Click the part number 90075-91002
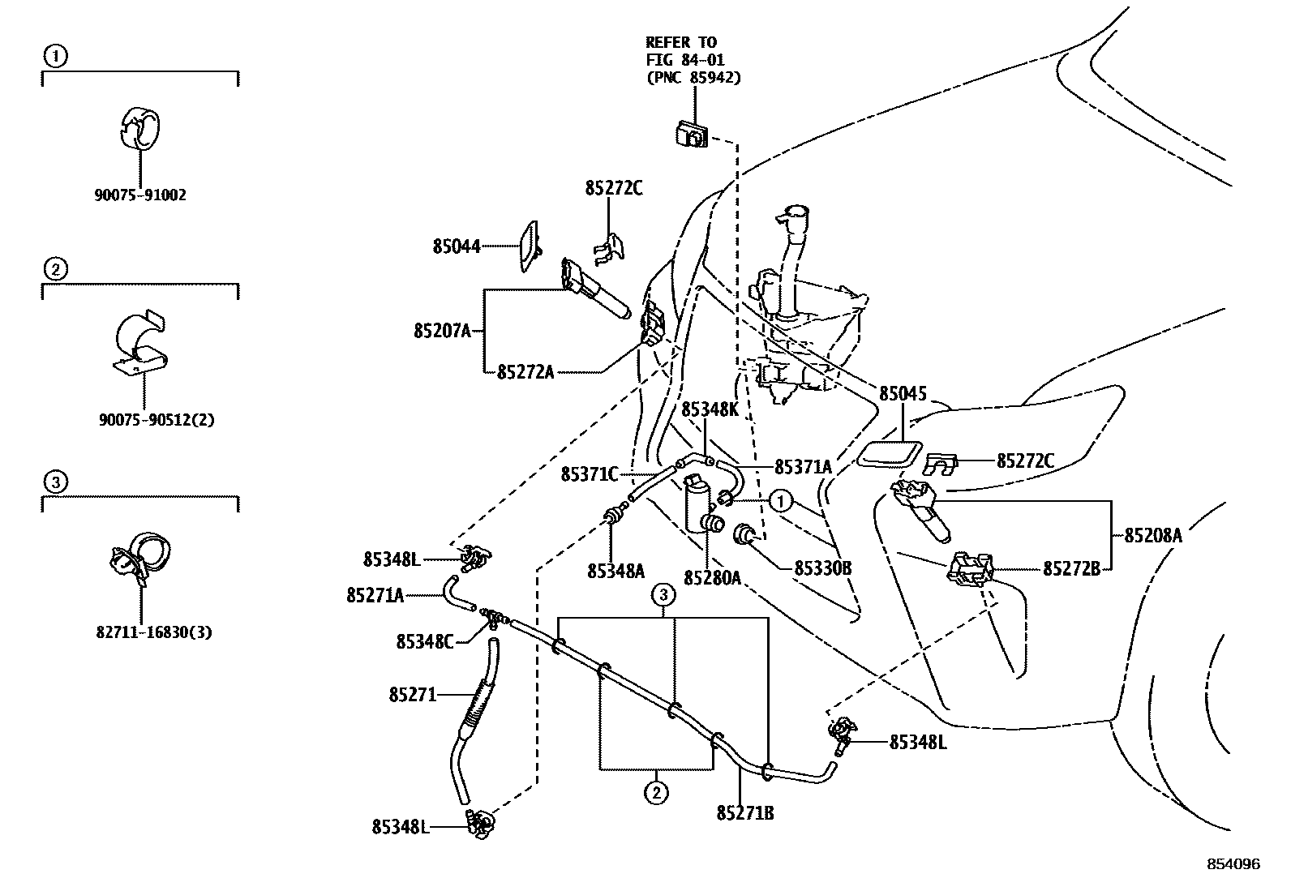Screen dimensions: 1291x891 pyautogui.click(x=140, y=195)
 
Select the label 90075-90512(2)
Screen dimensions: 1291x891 pyautogui.click(x=157, y=420)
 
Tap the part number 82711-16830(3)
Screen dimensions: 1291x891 pyautogui.click(x=154, y=632)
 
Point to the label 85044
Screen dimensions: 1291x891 pyautogui.click(x=457, y=246)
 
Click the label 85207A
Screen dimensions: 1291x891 pyautogui.click(x=443, y=331)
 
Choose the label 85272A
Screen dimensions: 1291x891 pyautogui.click(x=525, y=372)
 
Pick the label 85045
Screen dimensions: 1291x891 pyautogui.click(x=903, y=394)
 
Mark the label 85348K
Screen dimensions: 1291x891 pyautogui.click(x=710, y=409)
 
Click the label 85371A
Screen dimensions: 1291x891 pyautogui.click(x=803, y=467)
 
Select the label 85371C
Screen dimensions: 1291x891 pyautogui.click(x=589, y=474)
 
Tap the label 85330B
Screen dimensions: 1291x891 pyautogui.click(x=823, y=568)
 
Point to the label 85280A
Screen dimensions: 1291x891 pyautogui.click(x=712, y=577)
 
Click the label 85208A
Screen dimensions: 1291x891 pyautogui.click(x=1153, y=535)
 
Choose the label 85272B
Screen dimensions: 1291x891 pyautogui.click(x=1071, y=569)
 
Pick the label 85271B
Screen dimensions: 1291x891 pyautogui.click(x=745, y=812)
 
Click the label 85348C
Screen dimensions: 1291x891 pyautogui.click(x=425, y=641)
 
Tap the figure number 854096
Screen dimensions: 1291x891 pyautogui.click(x=1233, y=864)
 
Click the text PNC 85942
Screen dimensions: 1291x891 pyautogui.click(x=694, y=77)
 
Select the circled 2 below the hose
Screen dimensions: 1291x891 pyautogui.click(x=657, y=792)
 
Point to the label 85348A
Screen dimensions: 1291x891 pyautogui.click(x=615, y=571)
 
